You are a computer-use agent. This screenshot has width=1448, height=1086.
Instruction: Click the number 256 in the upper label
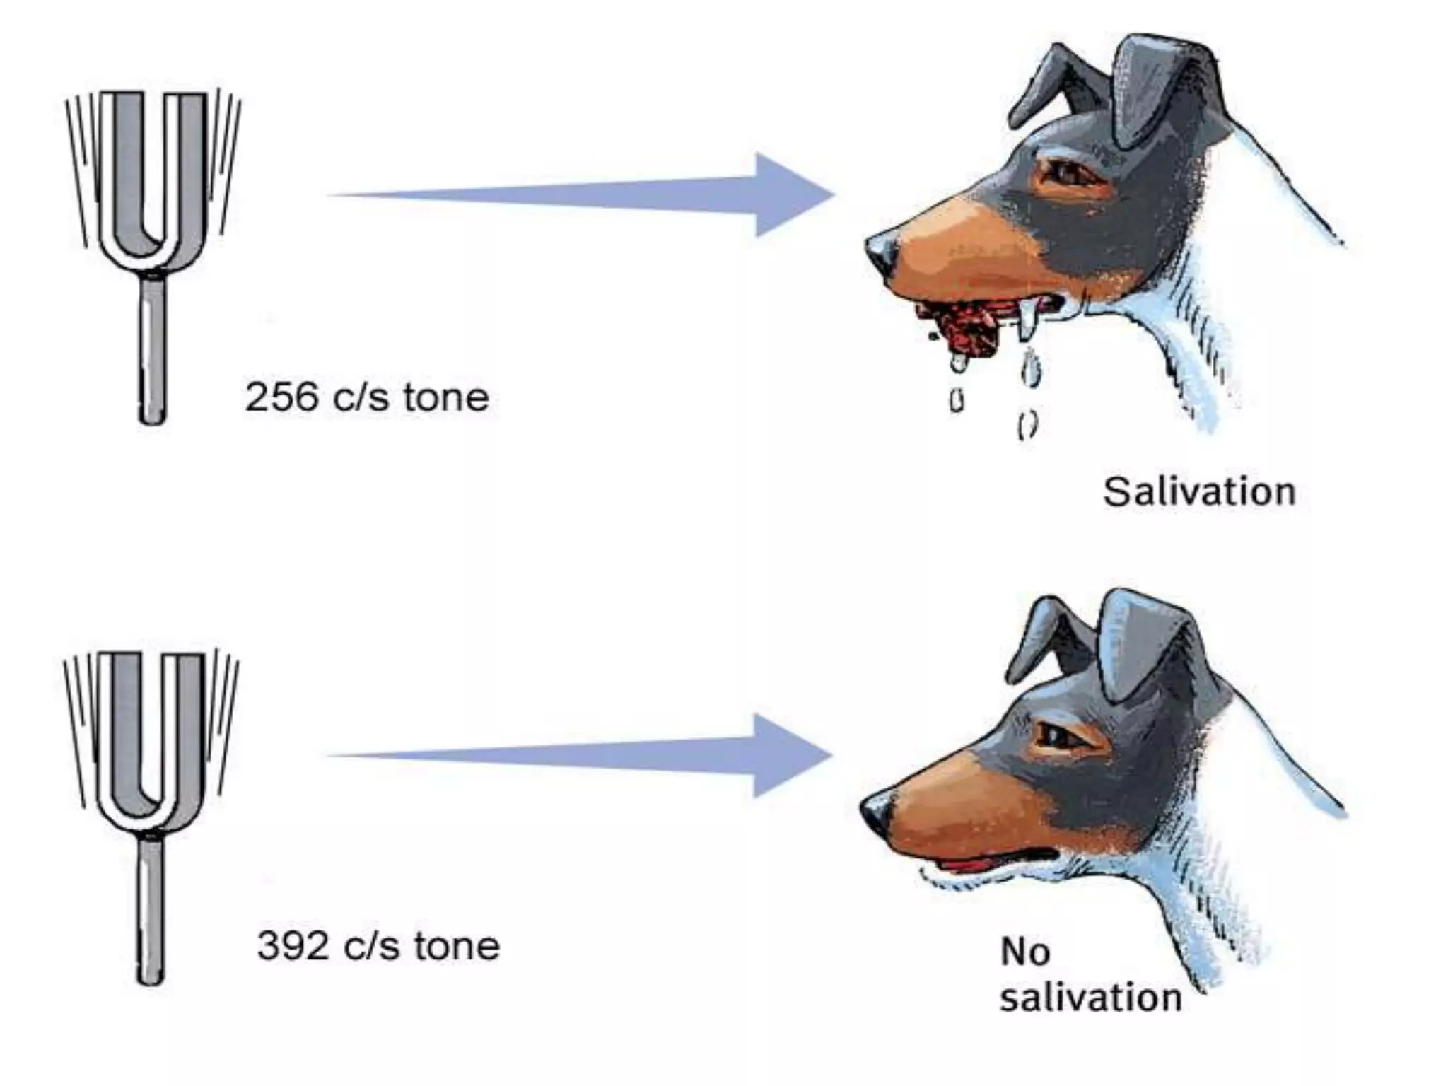click(281, 397)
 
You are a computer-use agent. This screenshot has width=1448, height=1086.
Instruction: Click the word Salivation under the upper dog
click(1199, 492)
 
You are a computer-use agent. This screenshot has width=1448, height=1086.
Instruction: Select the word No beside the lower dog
click(1024, 952)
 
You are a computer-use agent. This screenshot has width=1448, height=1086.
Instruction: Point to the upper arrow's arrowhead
click(792, 194)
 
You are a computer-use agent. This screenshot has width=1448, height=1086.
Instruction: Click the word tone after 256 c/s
click(446, 397)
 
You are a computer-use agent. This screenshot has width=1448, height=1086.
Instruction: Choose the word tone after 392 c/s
click(457, 946)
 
